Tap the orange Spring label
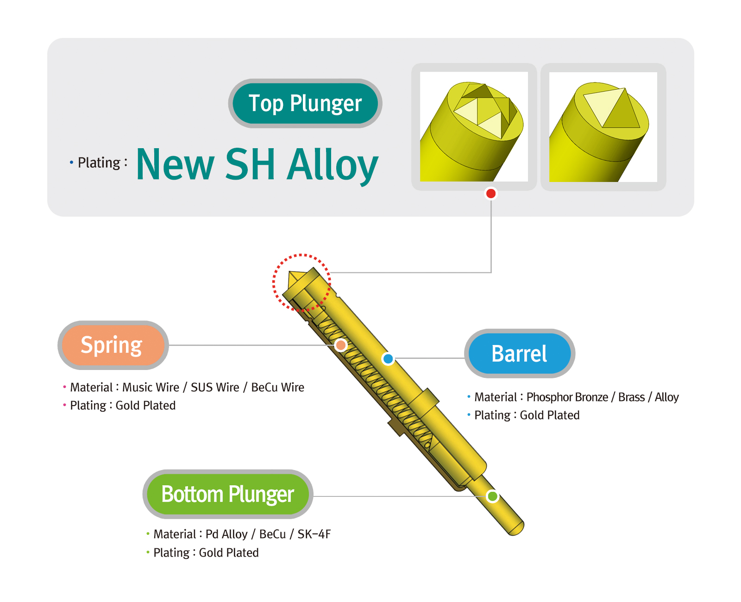(x=113, y=345)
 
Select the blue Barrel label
(x=519, y=353)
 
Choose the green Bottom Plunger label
(x=227, y=494)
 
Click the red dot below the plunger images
(x=490, y=194)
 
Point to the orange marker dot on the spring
(x=340, y=345)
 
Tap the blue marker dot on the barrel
(x=388, y=358)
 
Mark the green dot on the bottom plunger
(x=492, y=496)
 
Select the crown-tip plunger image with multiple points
(x=473, y=126)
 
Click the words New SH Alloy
(x=257, y=164)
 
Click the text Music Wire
(x=151, y=387)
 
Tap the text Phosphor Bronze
(x=567, y=397)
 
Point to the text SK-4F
(x=314, y=534)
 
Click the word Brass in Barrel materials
(x=631, y=397)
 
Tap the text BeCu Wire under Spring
(x=277, y=387)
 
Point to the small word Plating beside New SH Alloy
(x=99, y=163)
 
